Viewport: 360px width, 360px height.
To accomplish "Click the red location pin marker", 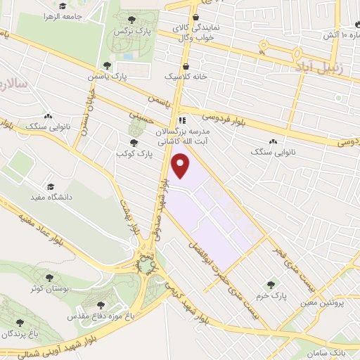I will [x=181, y=165].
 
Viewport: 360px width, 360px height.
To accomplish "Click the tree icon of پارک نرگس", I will [x=134, y=19].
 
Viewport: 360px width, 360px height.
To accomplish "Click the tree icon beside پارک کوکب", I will [x=134, y=143].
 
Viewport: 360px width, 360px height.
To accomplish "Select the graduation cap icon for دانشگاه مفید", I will [x=50, y=186].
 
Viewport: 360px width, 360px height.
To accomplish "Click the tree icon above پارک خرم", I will [x=271, y=284].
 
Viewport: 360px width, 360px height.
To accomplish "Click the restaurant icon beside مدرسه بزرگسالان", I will [x=182, y=120].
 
